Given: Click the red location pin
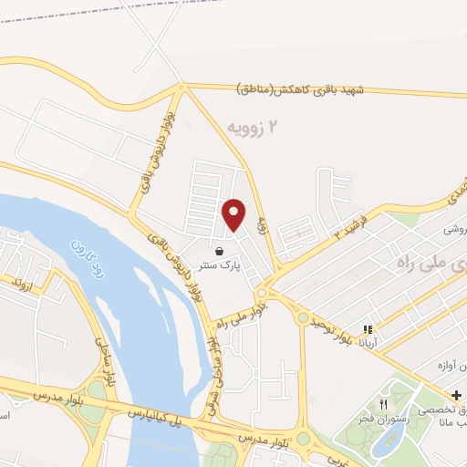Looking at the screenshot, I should pos(234,214).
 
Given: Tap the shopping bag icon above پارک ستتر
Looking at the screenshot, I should pos(219,251).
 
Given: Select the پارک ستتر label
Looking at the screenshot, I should pos(219,266).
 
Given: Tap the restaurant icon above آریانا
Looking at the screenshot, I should pos(368,330).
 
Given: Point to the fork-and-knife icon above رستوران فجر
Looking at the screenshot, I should pos(384,404).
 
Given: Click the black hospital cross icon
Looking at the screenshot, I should pos(457,393).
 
